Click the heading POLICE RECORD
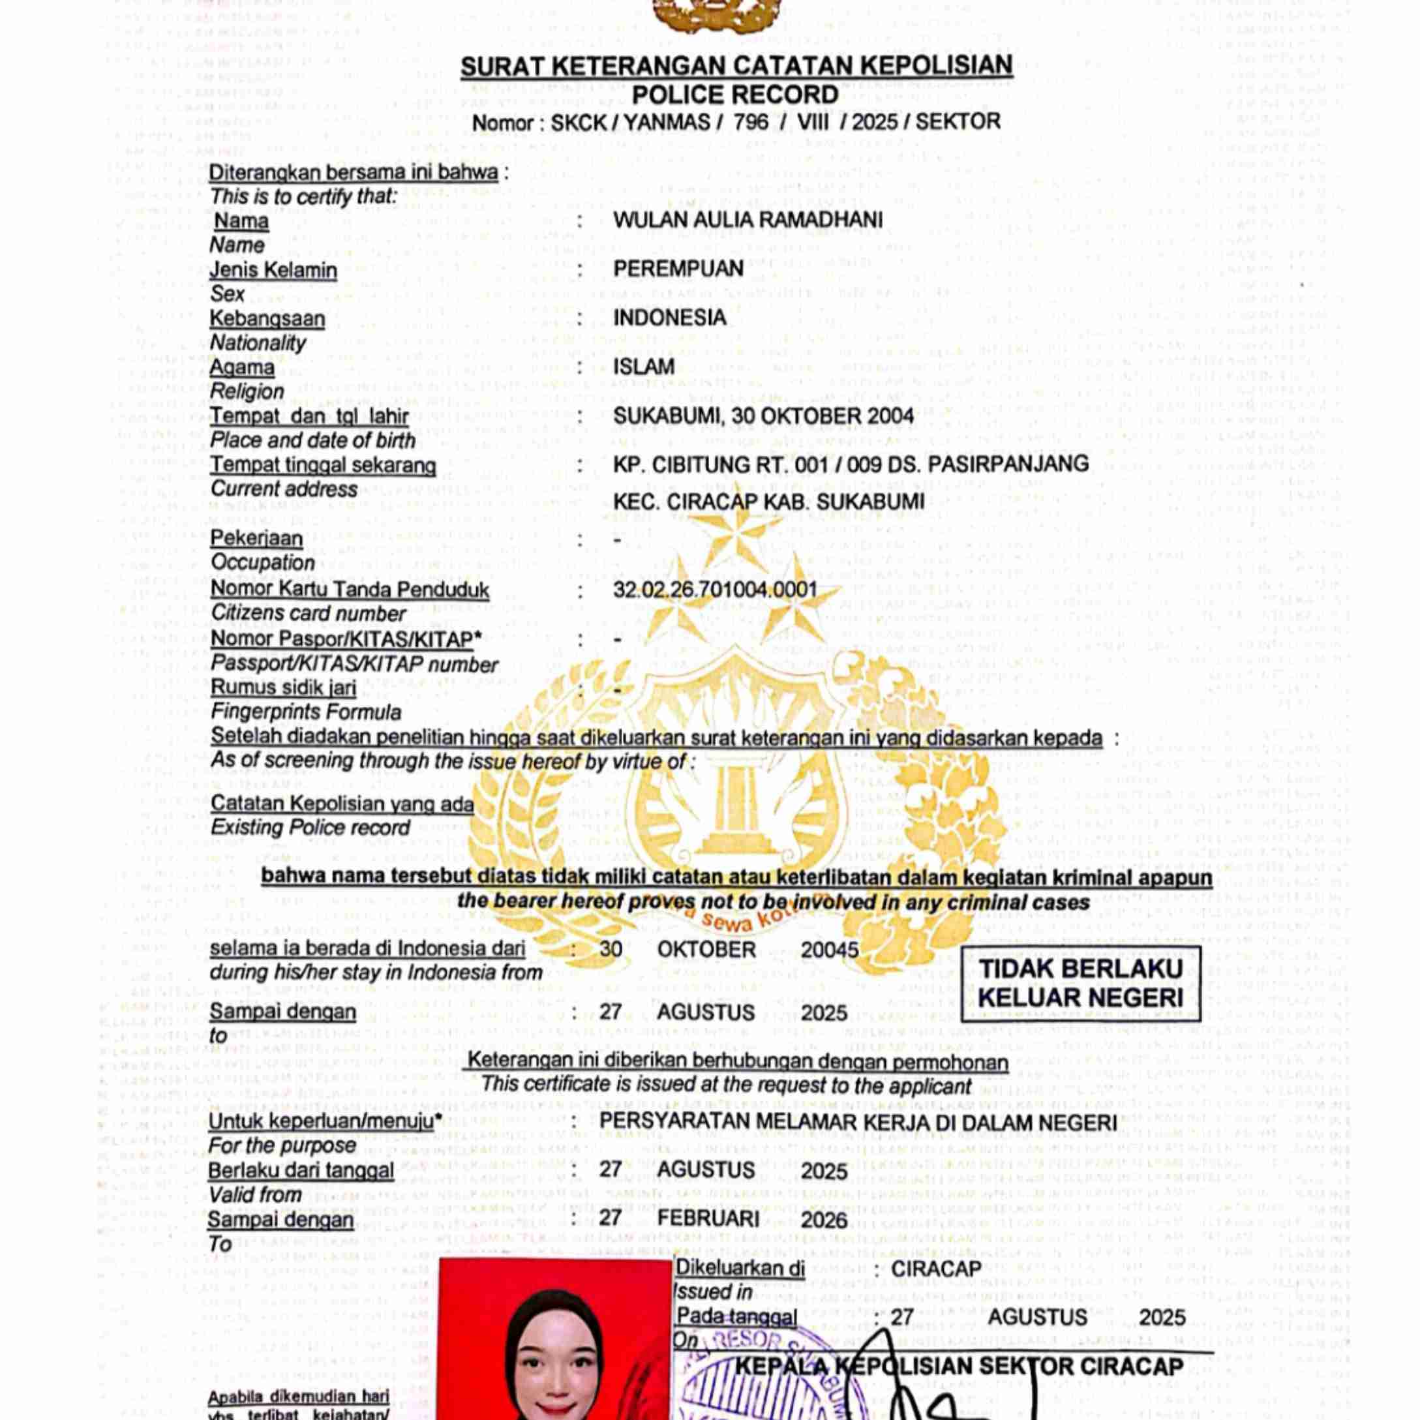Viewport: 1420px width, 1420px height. point(734,95)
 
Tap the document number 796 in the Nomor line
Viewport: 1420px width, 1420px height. point(750,122)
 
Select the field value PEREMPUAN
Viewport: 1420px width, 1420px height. point(678,269)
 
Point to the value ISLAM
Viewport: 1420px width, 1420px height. point(644,367)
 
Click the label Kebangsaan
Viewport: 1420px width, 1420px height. point(267,319)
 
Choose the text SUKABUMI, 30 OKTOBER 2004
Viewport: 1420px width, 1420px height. point(763,416)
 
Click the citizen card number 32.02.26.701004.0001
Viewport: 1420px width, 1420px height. point(715,590)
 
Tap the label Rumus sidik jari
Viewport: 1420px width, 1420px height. point(283,688)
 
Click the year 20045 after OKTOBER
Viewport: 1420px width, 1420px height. point(829,950)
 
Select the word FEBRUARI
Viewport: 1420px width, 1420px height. point(708,1218)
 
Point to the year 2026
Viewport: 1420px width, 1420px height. point(824,1220)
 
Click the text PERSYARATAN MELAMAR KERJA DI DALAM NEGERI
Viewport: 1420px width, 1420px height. point(858,1123)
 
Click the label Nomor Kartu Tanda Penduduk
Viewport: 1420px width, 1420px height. point(349,590)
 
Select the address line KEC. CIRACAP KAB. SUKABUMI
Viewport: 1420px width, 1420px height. point(768,502)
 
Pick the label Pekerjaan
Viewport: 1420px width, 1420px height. point(256,539)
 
